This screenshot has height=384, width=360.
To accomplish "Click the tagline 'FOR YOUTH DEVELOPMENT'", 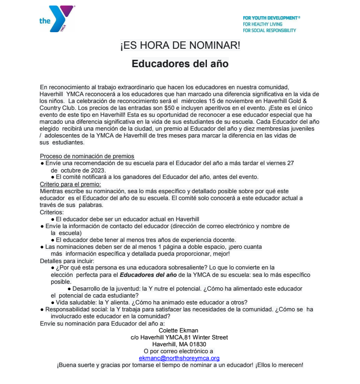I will (x=271, y=18).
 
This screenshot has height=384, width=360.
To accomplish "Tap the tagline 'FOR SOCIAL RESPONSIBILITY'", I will (x=269, y=30).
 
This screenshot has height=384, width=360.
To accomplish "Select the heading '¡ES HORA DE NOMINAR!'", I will (x=180, y=46).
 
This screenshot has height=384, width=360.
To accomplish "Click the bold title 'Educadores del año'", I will (x=180, y=63).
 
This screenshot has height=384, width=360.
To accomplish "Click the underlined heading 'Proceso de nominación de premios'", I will (x=87, y=156).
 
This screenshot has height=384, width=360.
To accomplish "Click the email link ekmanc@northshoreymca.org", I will (x=179, y=357).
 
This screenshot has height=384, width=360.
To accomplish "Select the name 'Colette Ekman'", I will (x=179, y=330).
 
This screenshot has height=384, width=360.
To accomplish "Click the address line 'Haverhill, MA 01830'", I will (x=179, y=344).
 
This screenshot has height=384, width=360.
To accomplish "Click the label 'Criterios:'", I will (x=52, y=212).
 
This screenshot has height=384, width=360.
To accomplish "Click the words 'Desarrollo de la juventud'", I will (x=107, y=288).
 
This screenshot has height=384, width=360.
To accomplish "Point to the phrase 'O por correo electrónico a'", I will (x=179, y=351).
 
